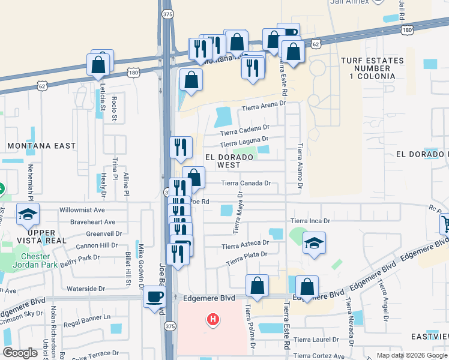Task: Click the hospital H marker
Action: click(212, 319)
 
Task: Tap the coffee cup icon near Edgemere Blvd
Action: click(155, 296)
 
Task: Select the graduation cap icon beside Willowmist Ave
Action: click(28, 215)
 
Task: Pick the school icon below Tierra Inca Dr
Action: click(314, 243)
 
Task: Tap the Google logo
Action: click(20, 353)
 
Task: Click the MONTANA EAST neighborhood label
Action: click(41, 146)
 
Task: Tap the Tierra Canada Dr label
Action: click(246, 183)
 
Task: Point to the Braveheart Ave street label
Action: click(91, 222)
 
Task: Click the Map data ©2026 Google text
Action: click(411, 355)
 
